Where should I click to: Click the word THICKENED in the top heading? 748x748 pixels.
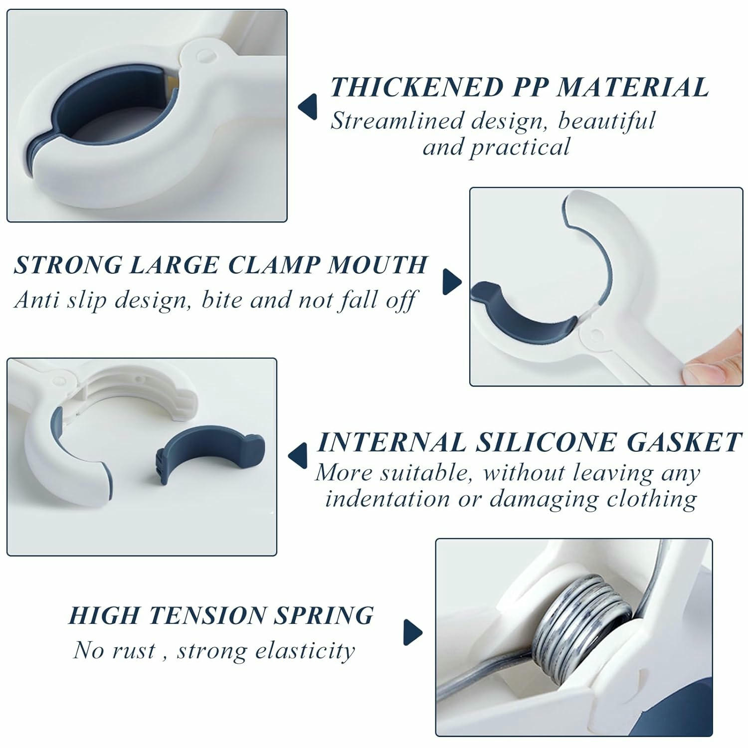(x=417, y=88)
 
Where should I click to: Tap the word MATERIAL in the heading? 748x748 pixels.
(x=632, y=88)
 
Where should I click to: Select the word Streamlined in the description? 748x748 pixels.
(x=397, y=121)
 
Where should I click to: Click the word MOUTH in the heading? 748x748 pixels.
(x=377, y=265)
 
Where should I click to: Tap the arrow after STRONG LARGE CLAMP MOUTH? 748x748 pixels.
(x=452, y=282)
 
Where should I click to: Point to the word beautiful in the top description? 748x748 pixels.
(x=606, y=121)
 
